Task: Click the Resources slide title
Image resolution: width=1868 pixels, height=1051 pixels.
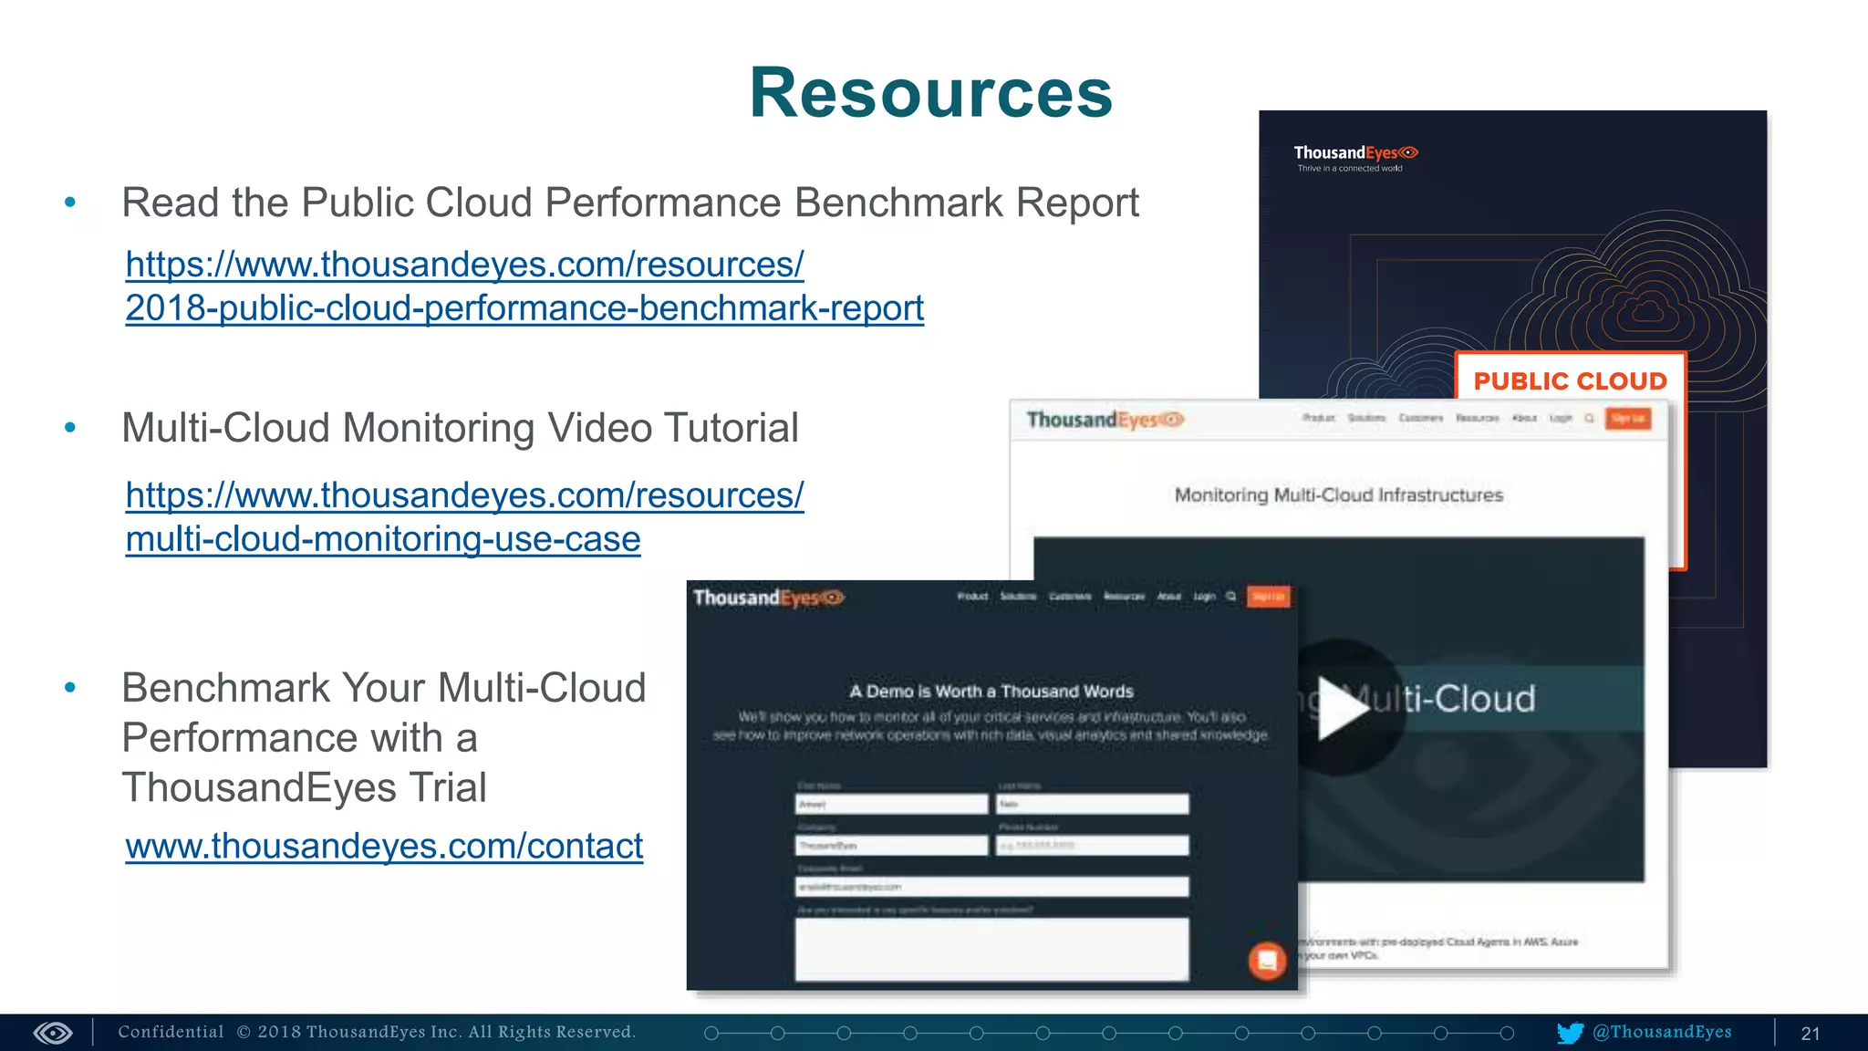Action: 930,93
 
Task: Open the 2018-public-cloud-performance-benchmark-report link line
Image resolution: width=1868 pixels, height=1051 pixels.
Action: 524,308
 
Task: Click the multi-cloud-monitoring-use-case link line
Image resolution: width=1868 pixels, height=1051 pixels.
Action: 383,539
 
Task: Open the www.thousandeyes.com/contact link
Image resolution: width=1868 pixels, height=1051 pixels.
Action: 384,846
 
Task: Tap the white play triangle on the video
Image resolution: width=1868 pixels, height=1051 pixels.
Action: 1342,708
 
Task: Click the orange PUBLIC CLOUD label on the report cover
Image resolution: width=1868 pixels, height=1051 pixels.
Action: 1570,380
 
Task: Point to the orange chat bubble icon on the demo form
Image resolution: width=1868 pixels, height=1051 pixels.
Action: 1267,960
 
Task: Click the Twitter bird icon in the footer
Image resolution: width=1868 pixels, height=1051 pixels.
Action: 1570,1033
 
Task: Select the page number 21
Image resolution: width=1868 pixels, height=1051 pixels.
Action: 1810,1034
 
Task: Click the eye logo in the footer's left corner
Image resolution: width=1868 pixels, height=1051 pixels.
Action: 53,1033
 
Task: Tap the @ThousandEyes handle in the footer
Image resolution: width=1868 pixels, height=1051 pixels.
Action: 1662,1032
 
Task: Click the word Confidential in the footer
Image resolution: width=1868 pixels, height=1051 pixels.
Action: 171,1032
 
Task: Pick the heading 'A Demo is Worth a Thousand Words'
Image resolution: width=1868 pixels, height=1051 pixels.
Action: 991,692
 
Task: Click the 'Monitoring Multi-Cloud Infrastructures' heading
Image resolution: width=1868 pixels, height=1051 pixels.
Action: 1338,495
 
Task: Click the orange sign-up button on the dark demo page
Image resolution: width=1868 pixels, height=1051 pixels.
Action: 1268,597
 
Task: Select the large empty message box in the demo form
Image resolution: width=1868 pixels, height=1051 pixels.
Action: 991,948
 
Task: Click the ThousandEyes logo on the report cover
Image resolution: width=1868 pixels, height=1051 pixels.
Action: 1355,153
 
